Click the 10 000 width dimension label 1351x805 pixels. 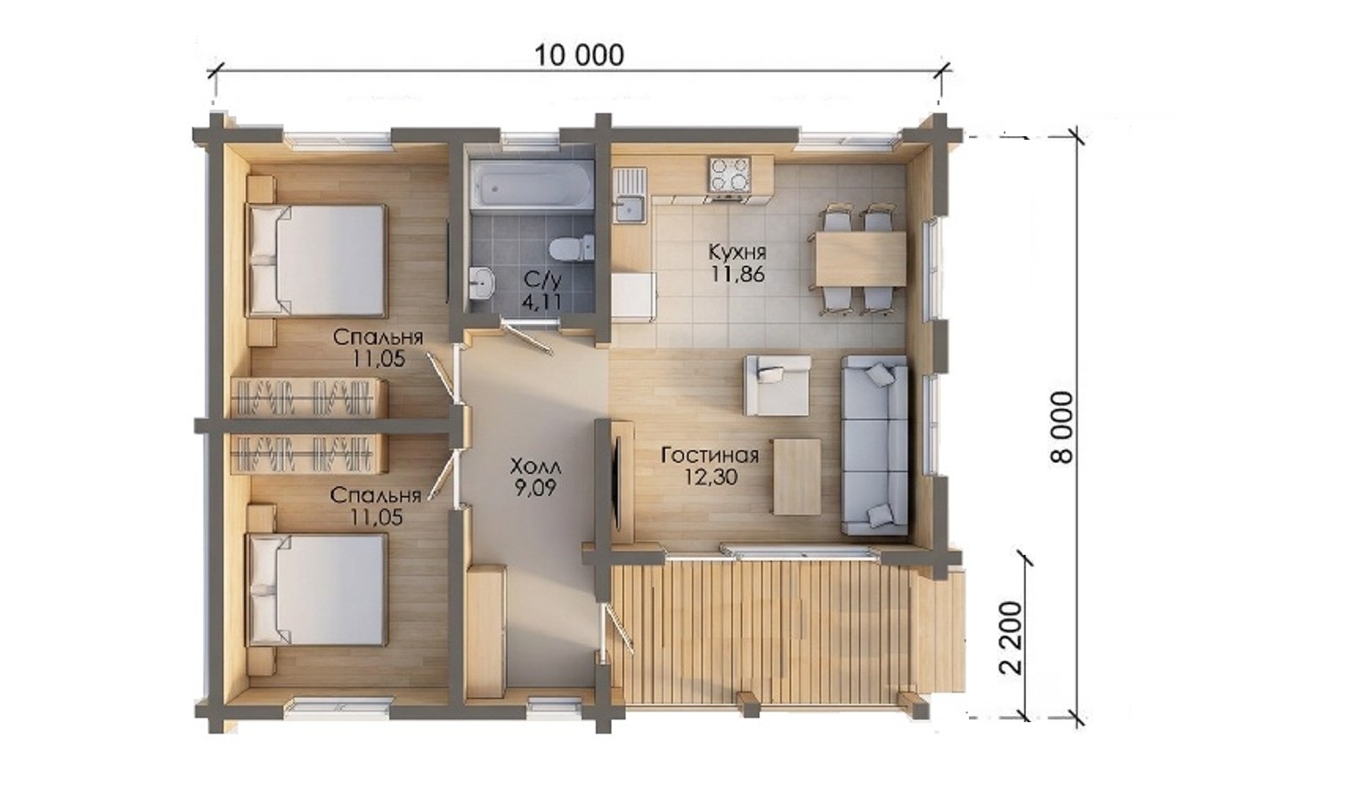[x=579, y=55]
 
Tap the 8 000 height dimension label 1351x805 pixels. [x=1062, y=427]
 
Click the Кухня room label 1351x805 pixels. [x=737, y=251]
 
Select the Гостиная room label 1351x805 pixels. [x=709, y=455]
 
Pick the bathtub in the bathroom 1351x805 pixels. [x=532, y=184]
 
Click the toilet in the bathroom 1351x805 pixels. [x=571, y=248]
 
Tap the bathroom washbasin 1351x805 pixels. [x=483, y=282]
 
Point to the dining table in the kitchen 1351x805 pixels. [x=860, y=259]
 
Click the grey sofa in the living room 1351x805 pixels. [x=875, y=445]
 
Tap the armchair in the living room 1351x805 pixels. [x=777, y=385]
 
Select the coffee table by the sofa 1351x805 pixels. [x=797, y=476]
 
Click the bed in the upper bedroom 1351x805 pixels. [x=316, y=261]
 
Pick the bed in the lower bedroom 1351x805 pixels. [x=316, y=590]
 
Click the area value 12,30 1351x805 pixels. [x=710, y=477]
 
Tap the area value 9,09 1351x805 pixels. [x=535, y=487]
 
